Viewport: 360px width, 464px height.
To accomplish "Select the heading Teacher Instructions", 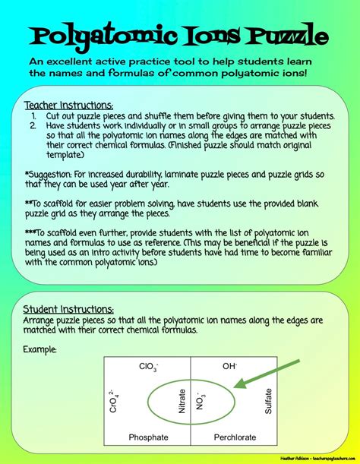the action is (69, 105).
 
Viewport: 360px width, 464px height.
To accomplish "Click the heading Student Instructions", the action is (69, 309).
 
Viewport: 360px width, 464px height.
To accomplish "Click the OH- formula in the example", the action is (230, 366).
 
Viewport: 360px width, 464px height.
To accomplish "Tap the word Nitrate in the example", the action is (182, 399).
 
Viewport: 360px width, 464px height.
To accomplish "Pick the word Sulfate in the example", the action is (268, 400).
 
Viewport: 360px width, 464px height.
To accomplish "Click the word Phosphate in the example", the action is (149, 437).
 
